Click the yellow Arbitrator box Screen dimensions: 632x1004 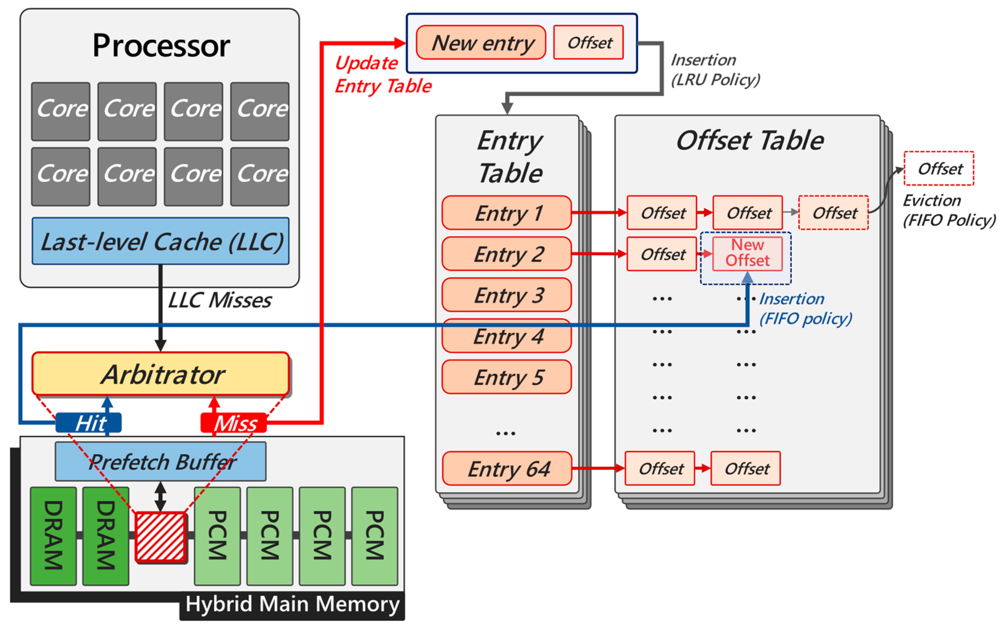point(161,374)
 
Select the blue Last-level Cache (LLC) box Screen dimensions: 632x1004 point(161,241)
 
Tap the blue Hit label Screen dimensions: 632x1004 point(89,423)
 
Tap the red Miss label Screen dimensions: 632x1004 point(234,423)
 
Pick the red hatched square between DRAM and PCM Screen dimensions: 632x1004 point(161,537)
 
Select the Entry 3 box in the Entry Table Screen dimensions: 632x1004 point(507,295)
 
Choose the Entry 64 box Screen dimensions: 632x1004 point(507,469)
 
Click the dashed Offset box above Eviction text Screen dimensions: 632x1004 point(939,168)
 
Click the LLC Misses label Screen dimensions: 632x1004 point(219,300)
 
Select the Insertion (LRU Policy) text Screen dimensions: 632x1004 point(715,70)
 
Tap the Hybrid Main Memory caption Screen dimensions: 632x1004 point(292,604)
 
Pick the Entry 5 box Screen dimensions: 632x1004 point(507,377)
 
